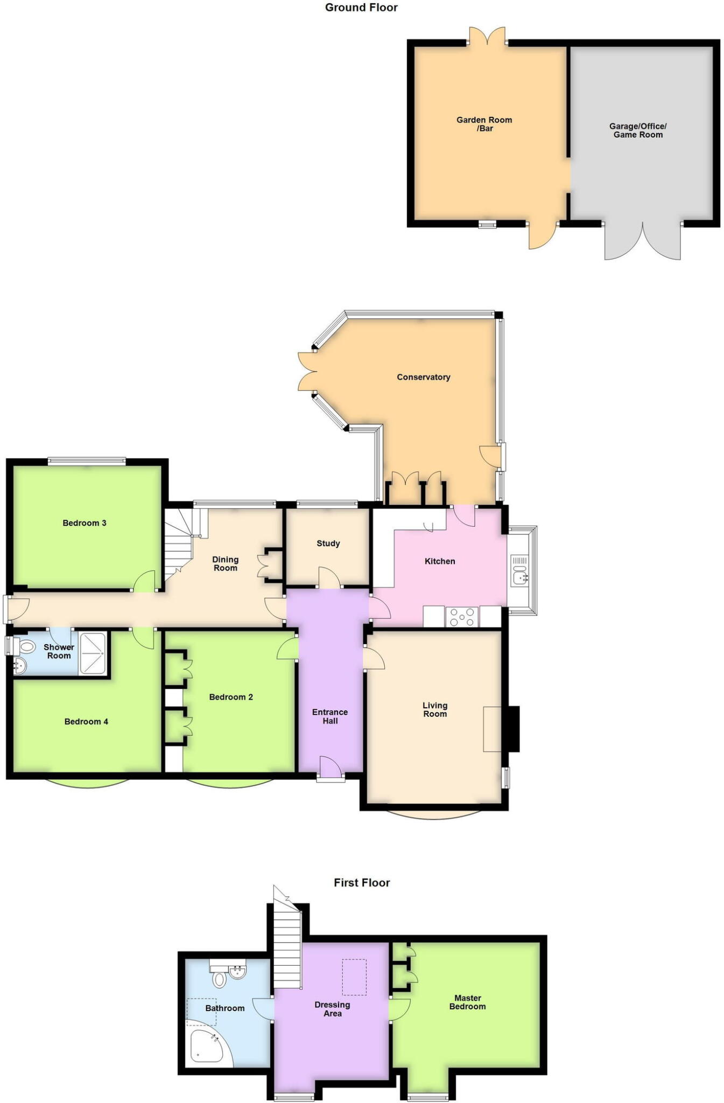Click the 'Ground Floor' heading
pos(361,8)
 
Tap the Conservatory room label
pos(423,377)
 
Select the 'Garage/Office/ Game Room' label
pos(638,130)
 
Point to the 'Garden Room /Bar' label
pos(484,124)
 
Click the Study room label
pos(328,543)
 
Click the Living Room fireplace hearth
pos(492,729)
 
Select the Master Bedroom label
pos(467,1002)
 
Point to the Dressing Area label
pos(332,1009)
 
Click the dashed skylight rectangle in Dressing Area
pos(354,976)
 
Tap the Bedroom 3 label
pos(85,523)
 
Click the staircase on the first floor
pos(287,947)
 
